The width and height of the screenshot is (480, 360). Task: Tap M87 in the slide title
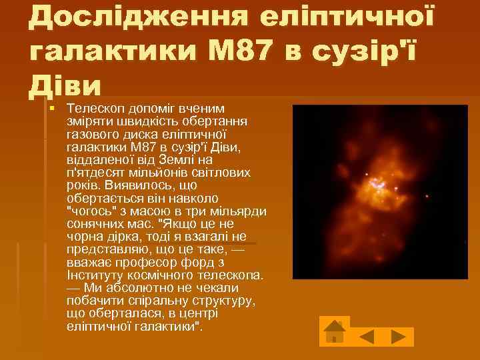228,51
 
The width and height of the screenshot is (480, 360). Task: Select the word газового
91,135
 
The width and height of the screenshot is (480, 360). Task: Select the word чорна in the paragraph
85,237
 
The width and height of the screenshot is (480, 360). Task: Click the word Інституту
93,274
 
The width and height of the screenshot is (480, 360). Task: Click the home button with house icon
335,331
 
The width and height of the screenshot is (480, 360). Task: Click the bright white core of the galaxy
379,182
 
